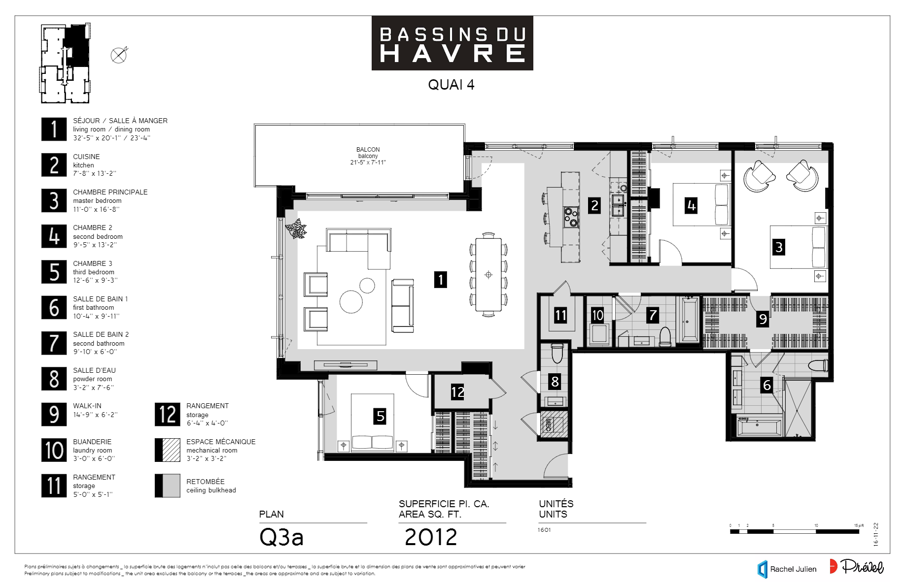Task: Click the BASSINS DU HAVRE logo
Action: coord(452,43)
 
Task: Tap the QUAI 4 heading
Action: coord(451,85)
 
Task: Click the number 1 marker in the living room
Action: coord(440,280)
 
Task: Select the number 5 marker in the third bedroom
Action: coord(380,416)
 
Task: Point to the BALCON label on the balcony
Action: coord(368,150)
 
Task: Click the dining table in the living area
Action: coord(488,275)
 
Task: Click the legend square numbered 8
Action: coord(54,379)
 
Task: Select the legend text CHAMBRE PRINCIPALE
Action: coord(110,192)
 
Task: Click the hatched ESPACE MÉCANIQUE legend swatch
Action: coord(168,450)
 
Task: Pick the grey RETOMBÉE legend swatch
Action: coord(168,486)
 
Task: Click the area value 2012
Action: coord(431,537)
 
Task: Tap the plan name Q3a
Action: coord(281,537)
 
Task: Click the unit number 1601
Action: coord(544,530)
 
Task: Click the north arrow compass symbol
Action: coord(119,55)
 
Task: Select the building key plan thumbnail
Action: coord(65,63)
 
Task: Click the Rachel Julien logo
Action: coord(787,569)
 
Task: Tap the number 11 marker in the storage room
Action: coord(560,315)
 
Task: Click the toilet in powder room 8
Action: coord(557,353)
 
